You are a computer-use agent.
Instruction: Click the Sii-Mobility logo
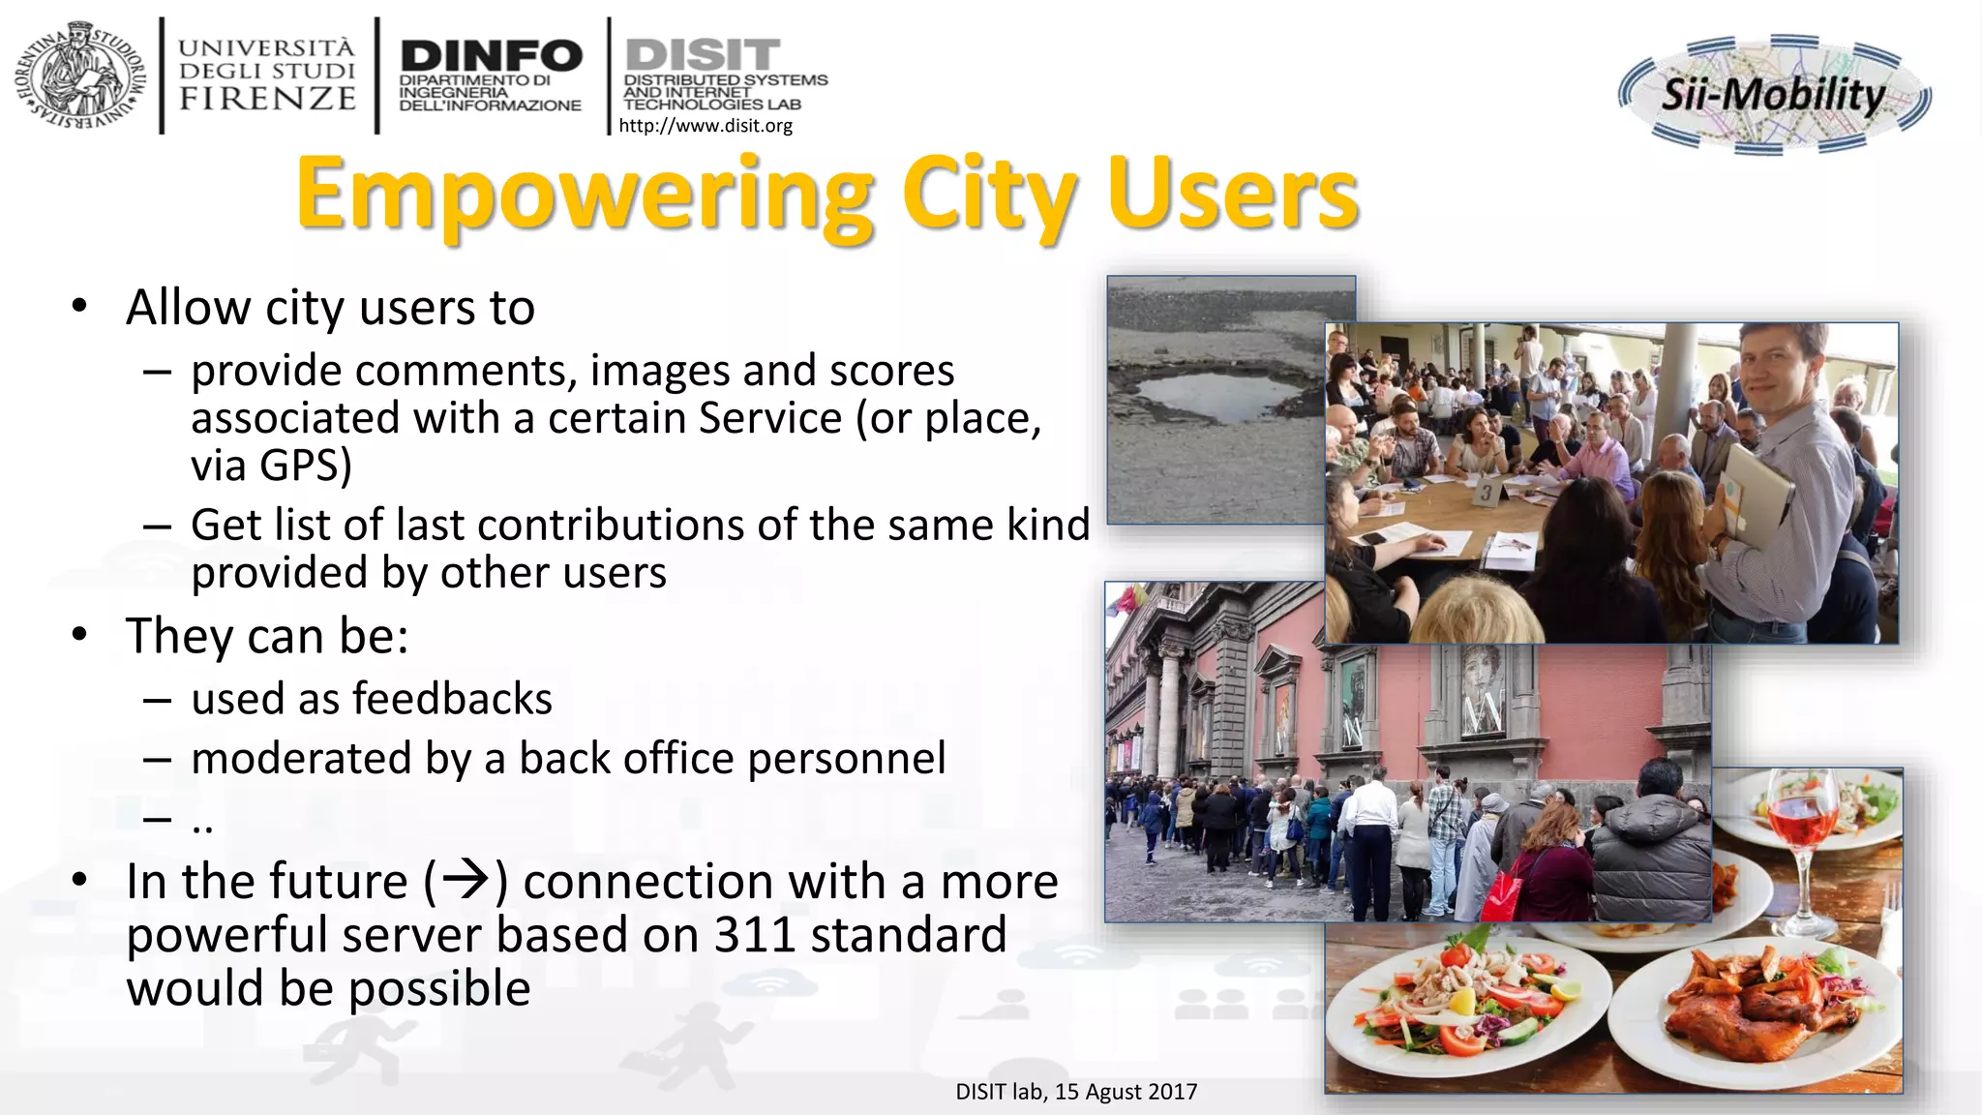coord(1773,95)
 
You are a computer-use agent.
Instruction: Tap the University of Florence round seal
coord(80,75)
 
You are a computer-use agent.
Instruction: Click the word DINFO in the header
coord(491,55)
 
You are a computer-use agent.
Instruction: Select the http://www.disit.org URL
coord(706,126)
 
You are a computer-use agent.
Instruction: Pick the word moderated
coord(301,759)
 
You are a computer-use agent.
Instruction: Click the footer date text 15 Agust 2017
coord(1126,1092)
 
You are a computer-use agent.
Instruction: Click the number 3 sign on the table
coord(1486,494)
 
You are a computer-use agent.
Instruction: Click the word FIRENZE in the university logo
coord(267,99)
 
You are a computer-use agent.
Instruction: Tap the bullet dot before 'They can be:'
coord(79,636)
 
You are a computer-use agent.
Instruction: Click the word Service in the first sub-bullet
coord(770,419)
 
